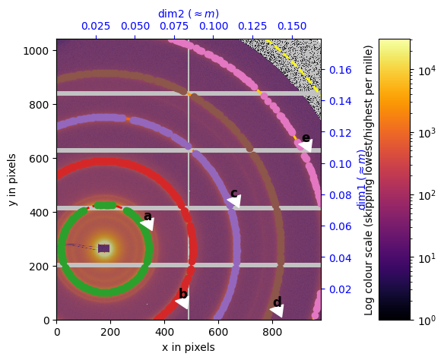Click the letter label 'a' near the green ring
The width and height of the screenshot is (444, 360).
coord(147,216)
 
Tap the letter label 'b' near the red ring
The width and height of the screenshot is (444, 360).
coord(182,294)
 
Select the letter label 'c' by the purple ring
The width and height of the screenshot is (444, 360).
coord(233,193)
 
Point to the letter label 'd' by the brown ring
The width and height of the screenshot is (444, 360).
coord(277,302)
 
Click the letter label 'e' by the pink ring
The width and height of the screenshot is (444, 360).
coord(306,137)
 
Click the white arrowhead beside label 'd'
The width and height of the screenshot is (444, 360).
coord(277,311)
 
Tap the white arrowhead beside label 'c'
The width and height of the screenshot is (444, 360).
coord(235,201)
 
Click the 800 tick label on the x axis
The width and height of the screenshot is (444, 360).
coord(272,332)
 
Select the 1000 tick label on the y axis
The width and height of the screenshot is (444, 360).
coord(38,51)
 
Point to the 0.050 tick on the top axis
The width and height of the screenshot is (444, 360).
coord(135,27)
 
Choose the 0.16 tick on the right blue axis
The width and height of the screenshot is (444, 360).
coord(339,70)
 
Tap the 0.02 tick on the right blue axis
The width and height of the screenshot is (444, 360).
coord(339,289)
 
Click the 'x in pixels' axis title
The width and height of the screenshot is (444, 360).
coord(188,347)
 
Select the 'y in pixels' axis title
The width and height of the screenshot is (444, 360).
coord(14,180)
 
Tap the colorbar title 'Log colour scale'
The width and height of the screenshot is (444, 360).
coord(369,180)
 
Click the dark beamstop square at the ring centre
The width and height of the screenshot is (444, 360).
coord(104,248)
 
